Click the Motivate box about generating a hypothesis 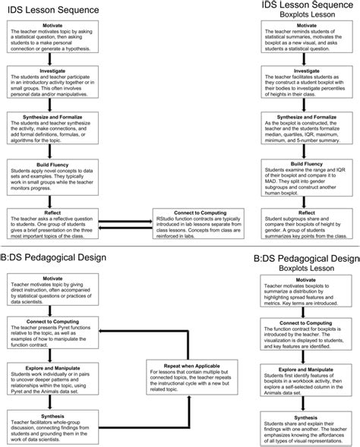point(51,37)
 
